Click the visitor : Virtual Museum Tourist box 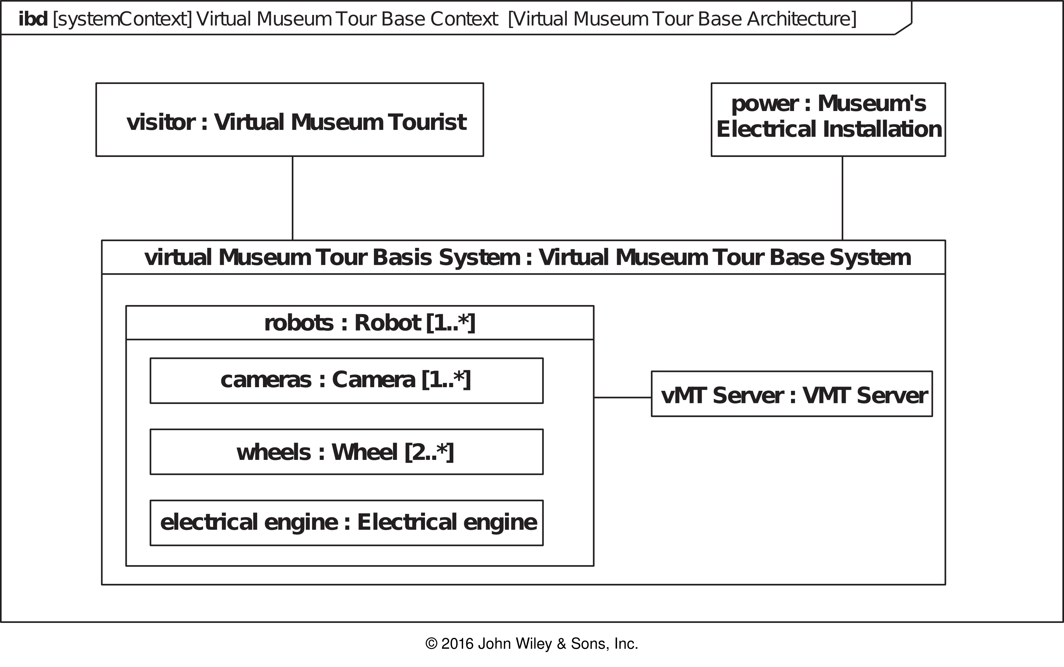(x=290, y=120)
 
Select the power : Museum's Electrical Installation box (x=828, y=120)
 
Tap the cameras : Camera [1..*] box (x=347, y=381)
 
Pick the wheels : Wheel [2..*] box (x=347, y=452)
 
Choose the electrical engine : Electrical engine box (x=347, y=523)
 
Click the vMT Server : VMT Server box (x=792, y=394)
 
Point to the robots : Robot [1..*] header (x=360, y=322)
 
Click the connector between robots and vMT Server (x=623, y=398)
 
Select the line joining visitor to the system (x=292, y=198)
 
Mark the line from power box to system (x=842, y=198)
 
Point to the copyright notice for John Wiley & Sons (x=532, y=644)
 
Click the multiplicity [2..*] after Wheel (x=429, y=452)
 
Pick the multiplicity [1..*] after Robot (x=451, y=323)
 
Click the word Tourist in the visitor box (x=427, y=122)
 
